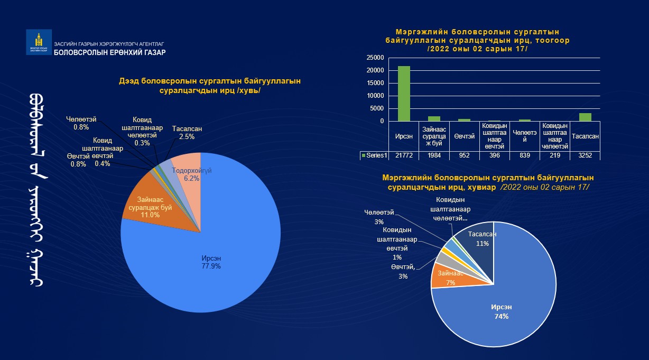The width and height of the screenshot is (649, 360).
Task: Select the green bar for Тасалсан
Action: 585,117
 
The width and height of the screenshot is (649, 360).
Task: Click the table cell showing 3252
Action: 585,155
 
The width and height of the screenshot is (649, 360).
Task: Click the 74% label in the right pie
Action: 502,316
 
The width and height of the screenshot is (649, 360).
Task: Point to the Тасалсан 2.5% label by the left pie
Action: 187,133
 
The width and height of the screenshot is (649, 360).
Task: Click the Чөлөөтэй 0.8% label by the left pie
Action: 81,123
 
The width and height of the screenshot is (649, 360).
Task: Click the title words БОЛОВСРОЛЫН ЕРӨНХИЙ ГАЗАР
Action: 110,52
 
